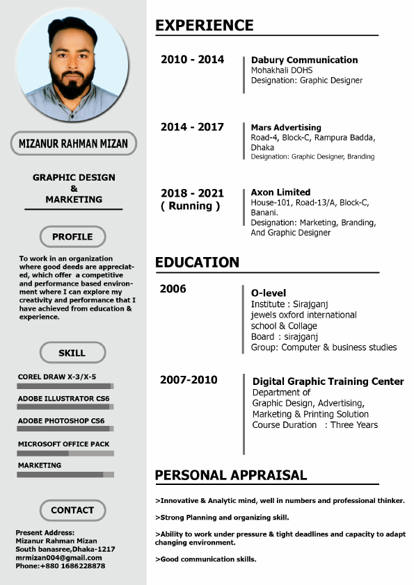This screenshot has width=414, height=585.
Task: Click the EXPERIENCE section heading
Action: coord(204,26)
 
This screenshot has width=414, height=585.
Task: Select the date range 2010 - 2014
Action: coord(192,60)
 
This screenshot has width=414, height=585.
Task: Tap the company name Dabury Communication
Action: coord(304,60)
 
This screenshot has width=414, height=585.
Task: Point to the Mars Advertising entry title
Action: coord(286,128)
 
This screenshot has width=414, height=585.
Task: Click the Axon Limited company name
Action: coord(280,192)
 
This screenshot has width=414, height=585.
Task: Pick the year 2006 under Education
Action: coord(173,289)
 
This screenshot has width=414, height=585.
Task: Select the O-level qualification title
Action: coord(269,293)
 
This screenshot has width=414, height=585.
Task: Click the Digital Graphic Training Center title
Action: coord(328,381)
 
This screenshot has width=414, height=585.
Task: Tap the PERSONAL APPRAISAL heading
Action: coord(230,475)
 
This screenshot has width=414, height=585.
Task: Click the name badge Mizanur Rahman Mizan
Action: coord(73,144)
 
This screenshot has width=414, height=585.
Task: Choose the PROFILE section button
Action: coord(72,237)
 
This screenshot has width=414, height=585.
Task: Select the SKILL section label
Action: coord(72,353)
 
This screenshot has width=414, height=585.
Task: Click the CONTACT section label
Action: coord(72,510)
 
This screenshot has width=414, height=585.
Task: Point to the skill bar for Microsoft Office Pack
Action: coord(65,453)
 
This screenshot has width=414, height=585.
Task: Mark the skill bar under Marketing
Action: coord(65,475)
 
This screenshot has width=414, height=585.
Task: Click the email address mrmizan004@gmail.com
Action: coord(58,557)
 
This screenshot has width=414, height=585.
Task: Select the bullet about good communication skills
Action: coord(206,559)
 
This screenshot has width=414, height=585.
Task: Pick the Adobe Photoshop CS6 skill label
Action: coord(61,421)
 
